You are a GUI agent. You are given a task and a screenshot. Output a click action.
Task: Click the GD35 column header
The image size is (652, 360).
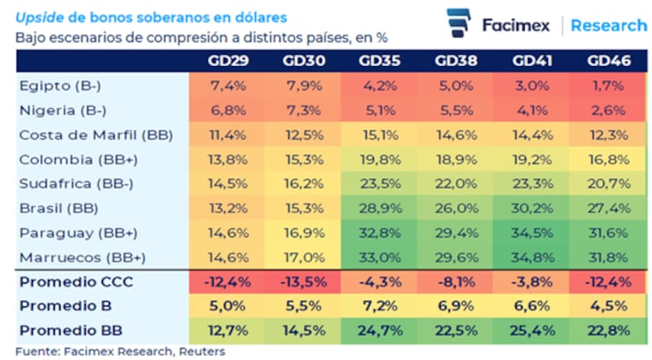click(x=378, y=61)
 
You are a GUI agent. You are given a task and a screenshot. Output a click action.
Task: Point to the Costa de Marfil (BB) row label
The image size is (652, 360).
click(x=95, y=135)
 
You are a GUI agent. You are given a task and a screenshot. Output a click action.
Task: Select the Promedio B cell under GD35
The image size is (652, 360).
click(x=378, y=306)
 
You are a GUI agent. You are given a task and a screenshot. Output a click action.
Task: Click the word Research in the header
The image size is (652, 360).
click(x=608, y=25)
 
